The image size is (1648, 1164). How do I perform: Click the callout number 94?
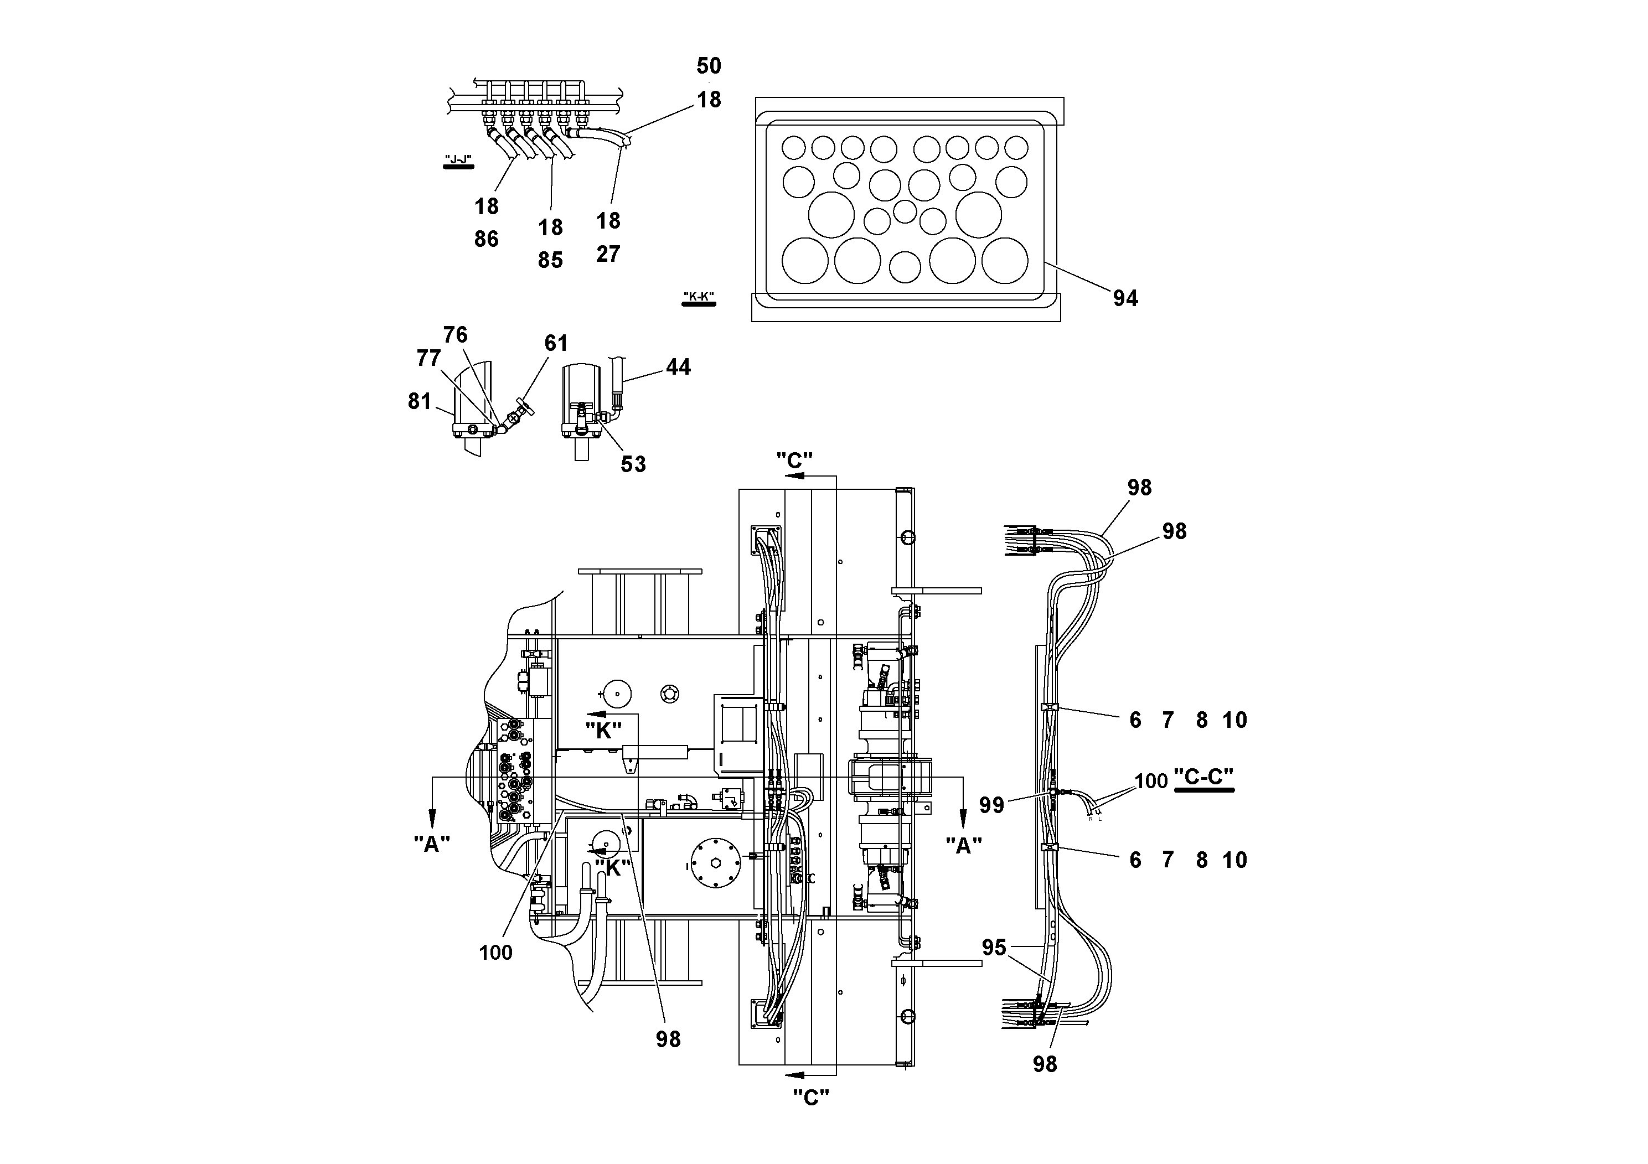(1125, 298)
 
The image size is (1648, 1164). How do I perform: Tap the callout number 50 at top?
(709, 66)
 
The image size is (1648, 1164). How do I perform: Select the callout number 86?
(486, 239)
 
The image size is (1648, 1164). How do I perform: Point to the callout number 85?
(550, 260)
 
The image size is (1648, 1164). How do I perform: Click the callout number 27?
(607, 254)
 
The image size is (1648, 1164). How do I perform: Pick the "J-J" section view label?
(458, 159)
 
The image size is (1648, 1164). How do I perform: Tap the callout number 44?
(678, 367)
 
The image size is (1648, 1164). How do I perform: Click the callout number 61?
(556, 343)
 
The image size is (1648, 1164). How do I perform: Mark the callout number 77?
(428, 358)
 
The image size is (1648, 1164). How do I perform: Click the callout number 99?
(991, 805)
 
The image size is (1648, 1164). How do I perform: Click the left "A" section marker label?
(431, 844)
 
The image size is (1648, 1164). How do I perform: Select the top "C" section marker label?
(794, 460)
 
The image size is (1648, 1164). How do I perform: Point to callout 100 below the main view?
(495, 953)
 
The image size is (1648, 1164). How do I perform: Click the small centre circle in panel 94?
(905, 211)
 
